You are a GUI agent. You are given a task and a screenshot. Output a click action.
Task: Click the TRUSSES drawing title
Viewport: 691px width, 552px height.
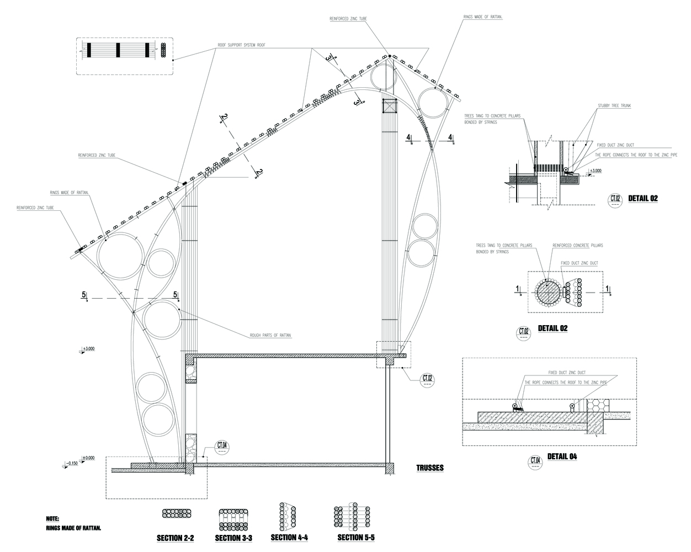pyautogui.click(x=429, y=468)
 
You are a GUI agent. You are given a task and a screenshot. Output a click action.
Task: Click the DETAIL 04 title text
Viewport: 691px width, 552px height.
pyautogui.click(x=562, y=457)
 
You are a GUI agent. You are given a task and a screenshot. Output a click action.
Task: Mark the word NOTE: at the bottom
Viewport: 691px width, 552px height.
pyautogui.click(x=53, y=519)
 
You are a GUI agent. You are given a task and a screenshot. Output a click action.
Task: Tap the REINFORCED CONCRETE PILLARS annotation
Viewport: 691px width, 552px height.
pyautogui.click(x=578, y=245)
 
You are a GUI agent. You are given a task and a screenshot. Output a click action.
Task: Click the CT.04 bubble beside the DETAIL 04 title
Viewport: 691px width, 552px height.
pyautogui.click(x=535, y=461)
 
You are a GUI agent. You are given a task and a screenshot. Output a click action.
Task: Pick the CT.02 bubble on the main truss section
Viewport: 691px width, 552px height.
pyautogui.click(x=428, y=379)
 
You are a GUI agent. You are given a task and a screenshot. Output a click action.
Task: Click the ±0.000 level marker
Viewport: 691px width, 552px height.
pyautogui.click(x=88, y=458)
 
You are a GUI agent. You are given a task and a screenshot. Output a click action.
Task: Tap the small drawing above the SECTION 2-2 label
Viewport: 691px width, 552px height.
pyautogui.click(x=176, y=514)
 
